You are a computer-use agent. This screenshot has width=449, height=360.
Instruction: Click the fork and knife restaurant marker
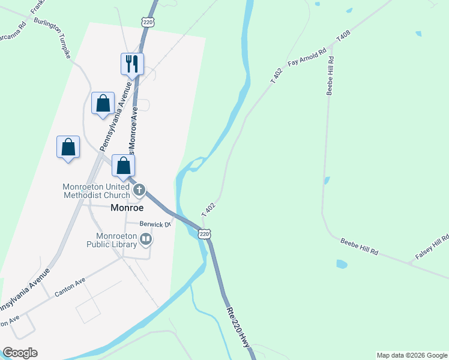tap(132, 64)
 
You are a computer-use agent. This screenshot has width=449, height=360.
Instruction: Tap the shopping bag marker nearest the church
tap(123, 166)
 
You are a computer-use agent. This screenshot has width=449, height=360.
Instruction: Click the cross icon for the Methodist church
tap(139, 191)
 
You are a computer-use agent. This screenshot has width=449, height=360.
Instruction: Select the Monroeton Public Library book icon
tap(145, 240)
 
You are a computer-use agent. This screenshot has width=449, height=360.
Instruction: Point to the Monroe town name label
tap(127, 208)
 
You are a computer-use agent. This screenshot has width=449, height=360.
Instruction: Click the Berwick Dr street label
tap(155, 224)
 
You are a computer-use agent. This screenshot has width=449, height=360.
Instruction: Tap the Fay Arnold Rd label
tap(307, 58)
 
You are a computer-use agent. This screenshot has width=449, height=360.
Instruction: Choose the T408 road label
tap(343, 36)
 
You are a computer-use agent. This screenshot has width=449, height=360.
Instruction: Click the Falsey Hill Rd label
tap(432, 248)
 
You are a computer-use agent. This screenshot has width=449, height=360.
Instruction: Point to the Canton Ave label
tap(70, 287)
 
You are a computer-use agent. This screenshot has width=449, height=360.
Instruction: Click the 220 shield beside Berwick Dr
tap(205, 234)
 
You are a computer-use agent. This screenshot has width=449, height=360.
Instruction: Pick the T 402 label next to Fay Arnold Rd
tap(276, 76)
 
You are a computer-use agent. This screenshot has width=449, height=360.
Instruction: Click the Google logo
tap(20, 353)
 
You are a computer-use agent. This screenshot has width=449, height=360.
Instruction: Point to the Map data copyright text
tap(412, 355)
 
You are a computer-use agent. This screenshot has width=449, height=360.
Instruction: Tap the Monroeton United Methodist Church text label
tap(96, 191)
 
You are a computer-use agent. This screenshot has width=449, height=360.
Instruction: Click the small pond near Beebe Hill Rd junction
tap(342, 264)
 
